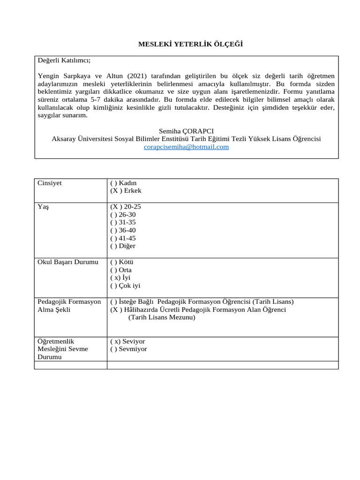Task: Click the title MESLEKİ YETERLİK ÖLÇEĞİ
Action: point(191,44)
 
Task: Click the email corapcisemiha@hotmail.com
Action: point(186,147)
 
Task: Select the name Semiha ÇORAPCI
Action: point(186,131)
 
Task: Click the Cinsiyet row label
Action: point(50,183)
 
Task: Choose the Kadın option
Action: point(123,183)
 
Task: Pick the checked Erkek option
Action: point(126,191)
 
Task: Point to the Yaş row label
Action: point(43,207)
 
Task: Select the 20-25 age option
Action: point(126,207)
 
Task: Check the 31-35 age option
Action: point(123,222)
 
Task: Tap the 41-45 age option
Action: point(123,238)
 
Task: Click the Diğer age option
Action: point(123,246)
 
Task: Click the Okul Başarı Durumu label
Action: point(68,262)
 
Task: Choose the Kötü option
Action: point(122,262)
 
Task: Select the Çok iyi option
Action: point(125,285)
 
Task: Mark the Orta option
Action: point(121,270)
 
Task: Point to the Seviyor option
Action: point(127,341)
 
